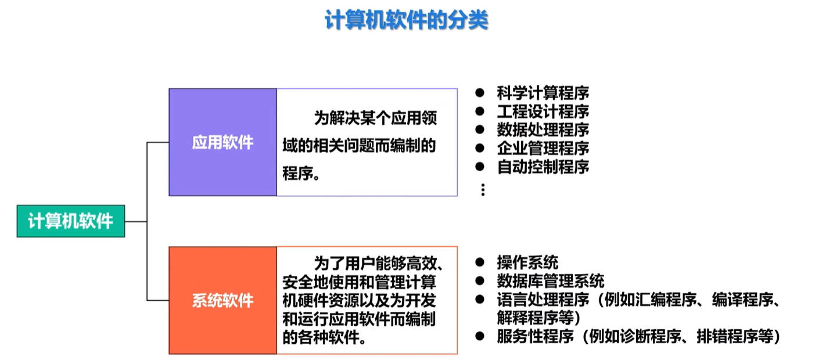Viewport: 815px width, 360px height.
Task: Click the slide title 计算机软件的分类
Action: coord(407,20)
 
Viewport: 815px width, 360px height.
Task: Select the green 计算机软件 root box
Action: coord(71,221)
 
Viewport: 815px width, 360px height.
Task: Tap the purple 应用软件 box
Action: coord(222,142)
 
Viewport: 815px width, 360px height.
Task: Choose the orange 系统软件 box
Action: coord(222,300)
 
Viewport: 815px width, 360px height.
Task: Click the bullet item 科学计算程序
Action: coord(543,93)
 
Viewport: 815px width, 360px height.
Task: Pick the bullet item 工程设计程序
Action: coord(543,111)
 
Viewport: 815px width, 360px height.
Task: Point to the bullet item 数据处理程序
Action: coord(543,130)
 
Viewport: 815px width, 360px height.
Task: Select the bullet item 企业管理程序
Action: coord(543,149)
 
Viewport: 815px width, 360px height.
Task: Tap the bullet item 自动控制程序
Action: coord(543,167)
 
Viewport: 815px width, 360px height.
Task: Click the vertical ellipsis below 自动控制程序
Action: coord(483,190)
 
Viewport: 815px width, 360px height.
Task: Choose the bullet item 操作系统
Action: coord(527,262)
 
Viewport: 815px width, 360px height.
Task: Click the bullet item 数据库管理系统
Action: coord(551,281)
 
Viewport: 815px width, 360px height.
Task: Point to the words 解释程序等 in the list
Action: coord(535,318)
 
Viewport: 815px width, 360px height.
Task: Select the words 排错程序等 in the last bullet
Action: coord(735,336)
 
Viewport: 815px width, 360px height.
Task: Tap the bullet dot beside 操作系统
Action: coord(480,262)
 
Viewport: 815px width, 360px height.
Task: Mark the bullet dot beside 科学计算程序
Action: coord(480,92)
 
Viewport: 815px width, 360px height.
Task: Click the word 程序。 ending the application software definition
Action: coord(301,173)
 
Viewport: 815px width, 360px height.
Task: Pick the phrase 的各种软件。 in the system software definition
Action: coord(324,337)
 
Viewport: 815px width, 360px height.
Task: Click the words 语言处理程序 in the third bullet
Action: coord(543,300)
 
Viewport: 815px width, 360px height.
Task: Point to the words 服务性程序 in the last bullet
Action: coord(535,336)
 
